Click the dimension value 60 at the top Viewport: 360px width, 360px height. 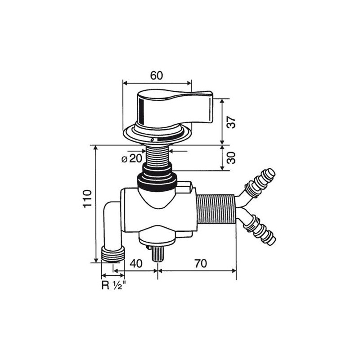pos(156,76)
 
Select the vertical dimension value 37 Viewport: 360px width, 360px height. pos(231,122)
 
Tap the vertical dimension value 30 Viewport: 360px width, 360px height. pos(231,157)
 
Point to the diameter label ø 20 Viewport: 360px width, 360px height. pos(132,158)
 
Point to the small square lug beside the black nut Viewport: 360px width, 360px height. pos(185,186)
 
